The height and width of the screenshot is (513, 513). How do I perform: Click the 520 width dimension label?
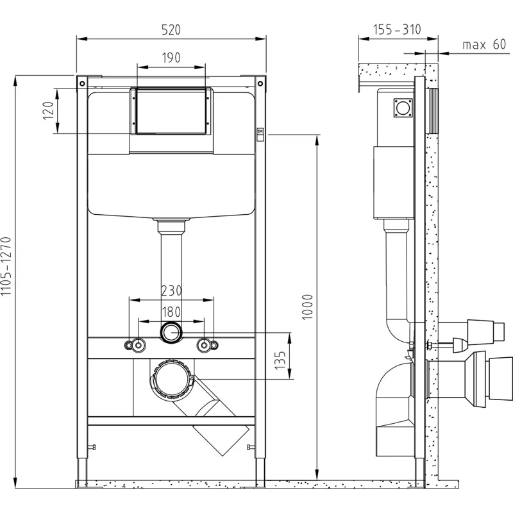[171, 29]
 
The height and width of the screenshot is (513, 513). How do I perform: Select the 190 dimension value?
[171, 57]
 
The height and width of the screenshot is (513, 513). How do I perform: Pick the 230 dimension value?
[171, 290]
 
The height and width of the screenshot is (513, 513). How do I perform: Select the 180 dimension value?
[171, 312]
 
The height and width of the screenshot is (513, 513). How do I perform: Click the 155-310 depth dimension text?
[397, 29]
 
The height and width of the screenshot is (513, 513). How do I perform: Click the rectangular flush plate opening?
[171, 110]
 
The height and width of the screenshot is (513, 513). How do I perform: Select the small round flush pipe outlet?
[171, 333]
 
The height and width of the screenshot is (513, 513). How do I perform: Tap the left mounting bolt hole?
[136, 345]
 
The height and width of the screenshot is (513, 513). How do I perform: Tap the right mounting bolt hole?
[206, 345]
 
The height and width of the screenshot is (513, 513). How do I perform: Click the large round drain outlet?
[171, 380]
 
